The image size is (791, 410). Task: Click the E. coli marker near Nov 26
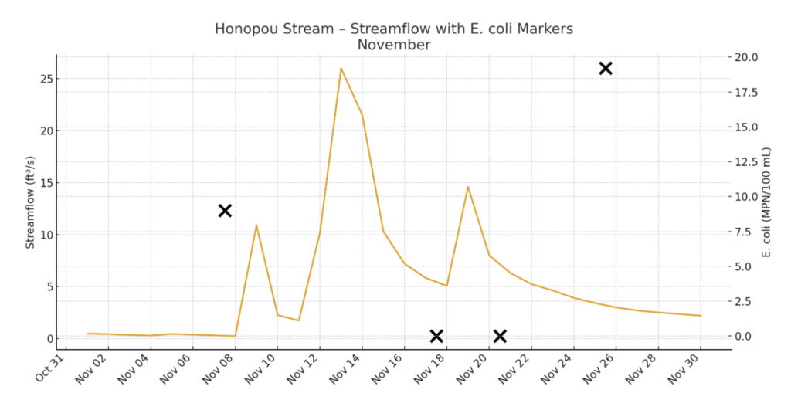coord(606,69)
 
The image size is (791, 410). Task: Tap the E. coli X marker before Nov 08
coord(225,211)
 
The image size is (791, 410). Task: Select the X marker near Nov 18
coord(436,336)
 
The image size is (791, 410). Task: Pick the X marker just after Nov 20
coord(500,336)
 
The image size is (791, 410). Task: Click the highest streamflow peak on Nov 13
coord(341,69)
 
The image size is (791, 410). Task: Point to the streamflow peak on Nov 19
coord(467,187)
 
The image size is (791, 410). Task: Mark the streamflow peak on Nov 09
coord(256,225)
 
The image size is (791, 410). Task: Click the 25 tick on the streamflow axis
coord(46,79)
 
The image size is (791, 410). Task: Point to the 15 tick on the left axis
coord(46,183)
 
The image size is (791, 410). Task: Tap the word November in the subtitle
coord(394,45)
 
